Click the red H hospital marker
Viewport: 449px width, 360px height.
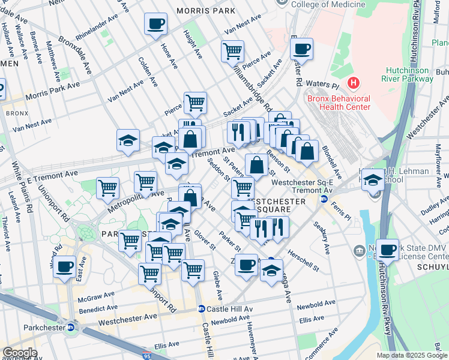click(354, 82)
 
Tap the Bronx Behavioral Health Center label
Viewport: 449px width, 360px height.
click(338, 103)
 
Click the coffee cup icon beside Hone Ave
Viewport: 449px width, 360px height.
click(156, 25)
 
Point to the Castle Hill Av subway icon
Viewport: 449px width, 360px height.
click(202, 309)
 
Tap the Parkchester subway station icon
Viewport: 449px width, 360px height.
click(71, 328)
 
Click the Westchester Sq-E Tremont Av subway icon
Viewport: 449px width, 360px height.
click(324, 199)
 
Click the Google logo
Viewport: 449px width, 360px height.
click(20, 353)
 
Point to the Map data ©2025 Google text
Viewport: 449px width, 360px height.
click(411, 355)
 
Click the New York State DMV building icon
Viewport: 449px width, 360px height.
click(359, 250)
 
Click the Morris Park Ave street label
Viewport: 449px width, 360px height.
click(52, 90)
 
